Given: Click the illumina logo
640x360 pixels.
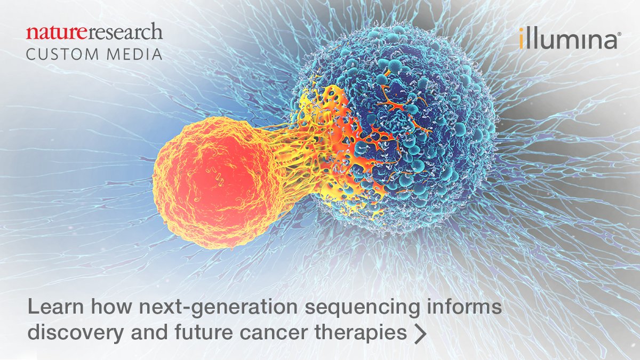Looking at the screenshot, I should (x=567, y=40).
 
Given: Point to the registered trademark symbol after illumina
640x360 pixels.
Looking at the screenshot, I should (x=619, y=34).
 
